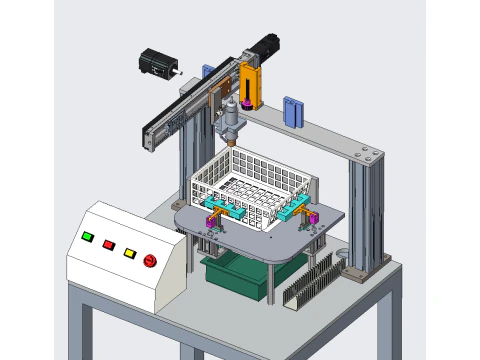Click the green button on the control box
click(x=88, y=237)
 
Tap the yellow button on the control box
click(x=129, y=252)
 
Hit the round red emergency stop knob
click(x=151, y=261)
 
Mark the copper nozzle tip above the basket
click(x=232, y=143)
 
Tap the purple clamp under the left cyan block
click(x=212, y=221)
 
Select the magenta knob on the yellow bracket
click(x=246, y=103)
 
